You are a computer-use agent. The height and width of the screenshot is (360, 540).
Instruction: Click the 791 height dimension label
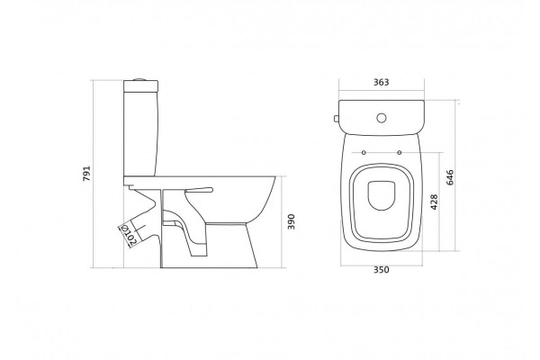(x=86, y=174)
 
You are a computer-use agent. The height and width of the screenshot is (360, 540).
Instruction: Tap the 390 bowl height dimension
(x=292, y=222)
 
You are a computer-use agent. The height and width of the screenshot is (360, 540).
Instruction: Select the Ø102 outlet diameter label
(x=128, y=235)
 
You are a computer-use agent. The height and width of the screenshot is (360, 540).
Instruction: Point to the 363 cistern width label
(x=382, y=82)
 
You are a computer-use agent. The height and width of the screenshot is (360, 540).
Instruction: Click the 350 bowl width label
(x=382, y=270)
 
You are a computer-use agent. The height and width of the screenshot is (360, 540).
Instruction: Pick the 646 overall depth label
(x=450, y=177)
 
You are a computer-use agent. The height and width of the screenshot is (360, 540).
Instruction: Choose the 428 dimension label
(x=434, y=202)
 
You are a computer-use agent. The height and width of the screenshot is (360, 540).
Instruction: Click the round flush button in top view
(x=382, y=118)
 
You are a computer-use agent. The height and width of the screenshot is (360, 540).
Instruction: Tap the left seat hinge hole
(x=364, y=152)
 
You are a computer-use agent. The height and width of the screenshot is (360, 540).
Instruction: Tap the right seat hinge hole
(x=399, y=152)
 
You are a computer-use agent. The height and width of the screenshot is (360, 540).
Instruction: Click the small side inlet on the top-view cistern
(x=337, y=119)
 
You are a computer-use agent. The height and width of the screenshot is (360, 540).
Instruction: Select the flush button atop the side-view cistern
(x=140, y=79)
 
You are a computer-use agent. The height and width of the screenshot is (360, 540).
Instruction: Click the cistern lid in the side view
(x=140, y=86)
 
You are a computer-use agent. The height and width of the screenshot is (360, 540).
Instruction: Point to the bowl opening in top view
(x=382, y=195)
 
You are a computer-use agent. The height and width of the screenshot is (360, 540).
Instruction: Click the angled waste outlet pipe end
(x=127, y=237)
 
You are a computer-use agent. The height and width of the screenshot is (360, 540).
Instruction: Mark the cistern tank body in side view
(x=140, y=134)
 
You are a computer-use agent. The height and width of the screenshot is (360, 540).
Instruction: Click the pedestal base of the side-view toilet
(x=209, y=246)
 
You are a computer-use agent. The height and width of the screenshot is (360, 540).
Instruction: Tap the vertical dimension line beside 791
(x=94, y=174)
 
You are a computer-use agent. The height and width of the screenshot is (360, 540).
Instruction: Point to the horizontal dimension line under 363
(x=382, y=91)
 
